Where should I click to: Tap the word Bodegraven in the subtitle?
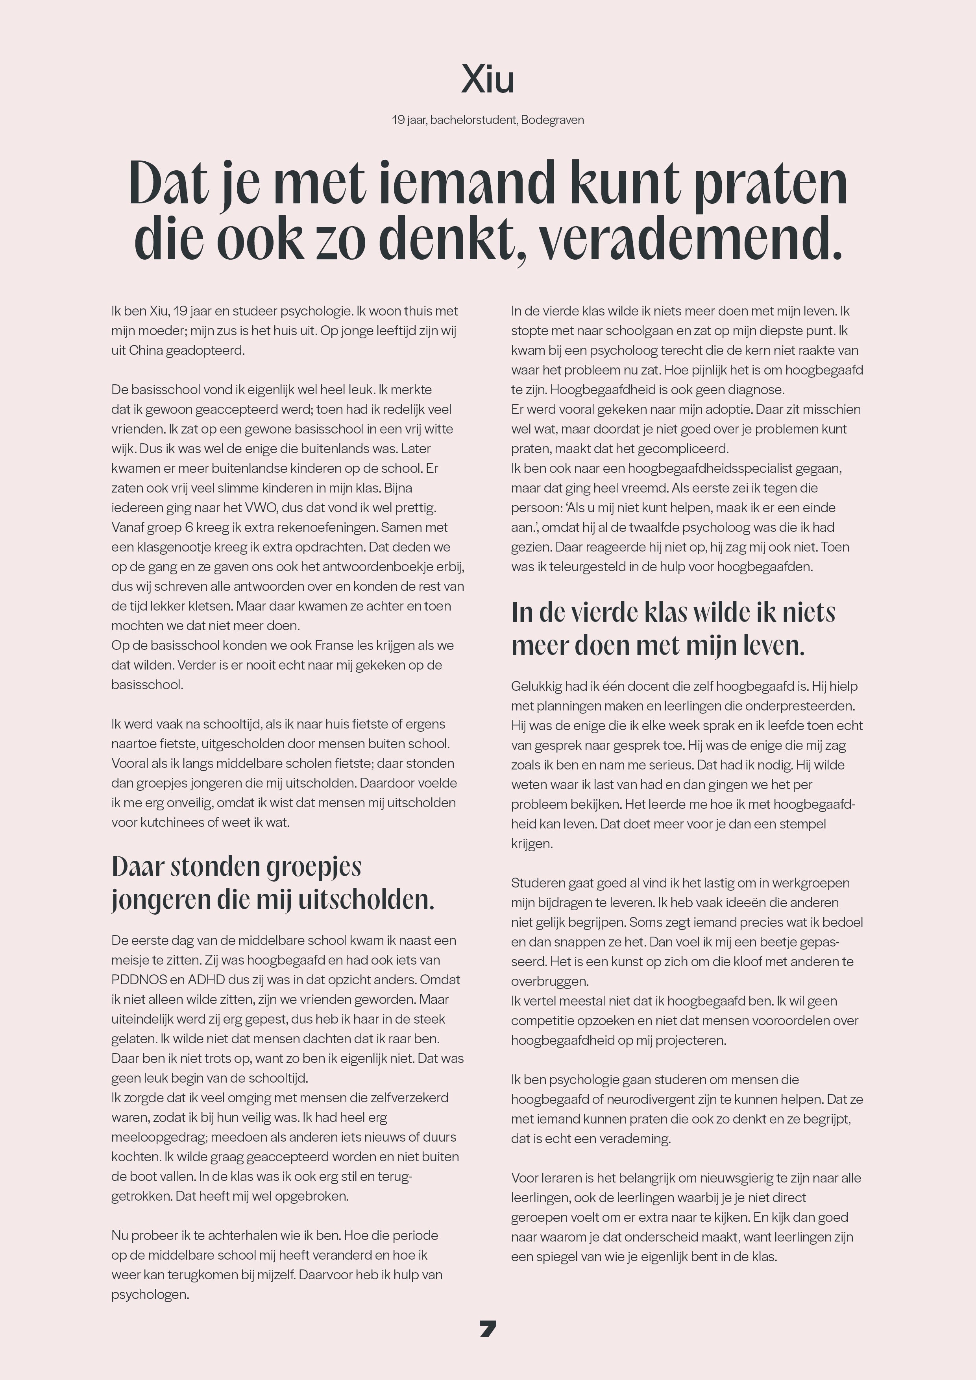(x=552, y=120)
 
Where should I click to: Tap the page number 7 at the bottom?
(x=488, y=1328)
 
